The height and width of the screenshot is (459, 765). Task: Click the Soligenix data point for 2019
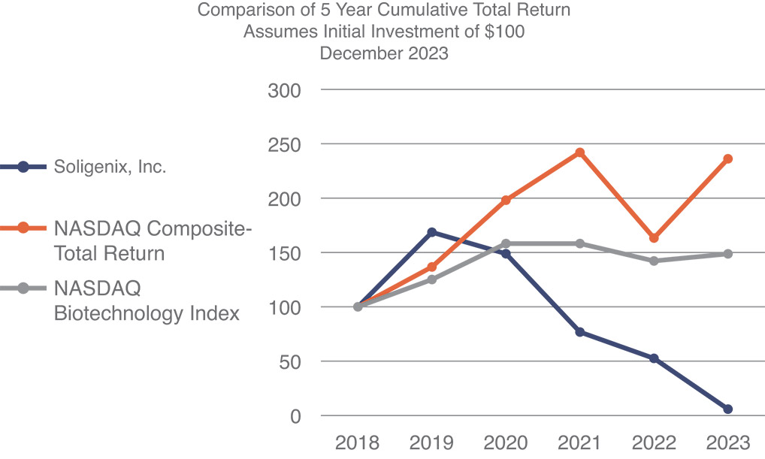(431, 232)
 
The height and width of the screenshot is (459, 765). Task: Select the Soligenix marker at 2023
(727, 409)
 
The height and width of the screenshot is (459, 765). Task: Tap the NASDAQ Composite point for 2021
(579, 152)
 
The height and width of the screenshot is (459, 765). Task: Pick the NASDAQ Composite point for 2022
(654, 238)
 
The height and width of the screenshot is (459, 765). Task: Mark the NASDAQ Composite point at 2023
(727, 159)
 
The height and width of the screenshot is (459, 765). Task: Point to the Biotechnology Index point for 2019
(431, 279)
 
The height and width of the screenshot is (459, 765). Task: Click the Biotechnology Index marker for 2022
(654, 261)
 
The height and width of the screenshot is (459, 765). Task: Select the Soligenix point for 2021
(579, 332)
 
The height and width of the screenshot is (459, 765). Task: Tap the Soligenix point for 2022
(654, 358)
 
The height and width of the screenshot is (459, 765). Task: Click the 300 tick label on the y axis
(284, 90)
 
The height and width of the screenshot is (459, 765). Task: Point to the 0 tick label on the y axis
(295, 415)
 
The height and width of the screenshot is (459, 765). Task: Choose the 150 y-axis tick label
(284, 253)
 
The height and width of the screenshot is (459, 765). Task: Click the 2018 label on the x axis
(358, 442)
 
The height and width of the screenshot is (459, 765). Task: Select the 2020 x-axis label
(505, 442)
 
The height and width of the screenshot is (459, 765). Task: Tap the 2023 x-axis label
(727, 442)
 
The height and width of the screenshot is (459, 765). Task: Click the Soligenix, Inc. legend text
(110, 167)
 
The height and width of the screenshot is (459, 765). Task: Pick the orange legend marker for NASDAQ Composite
(23, 228)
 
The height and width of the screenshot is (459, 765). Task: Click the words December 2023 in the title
(384, 53)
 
